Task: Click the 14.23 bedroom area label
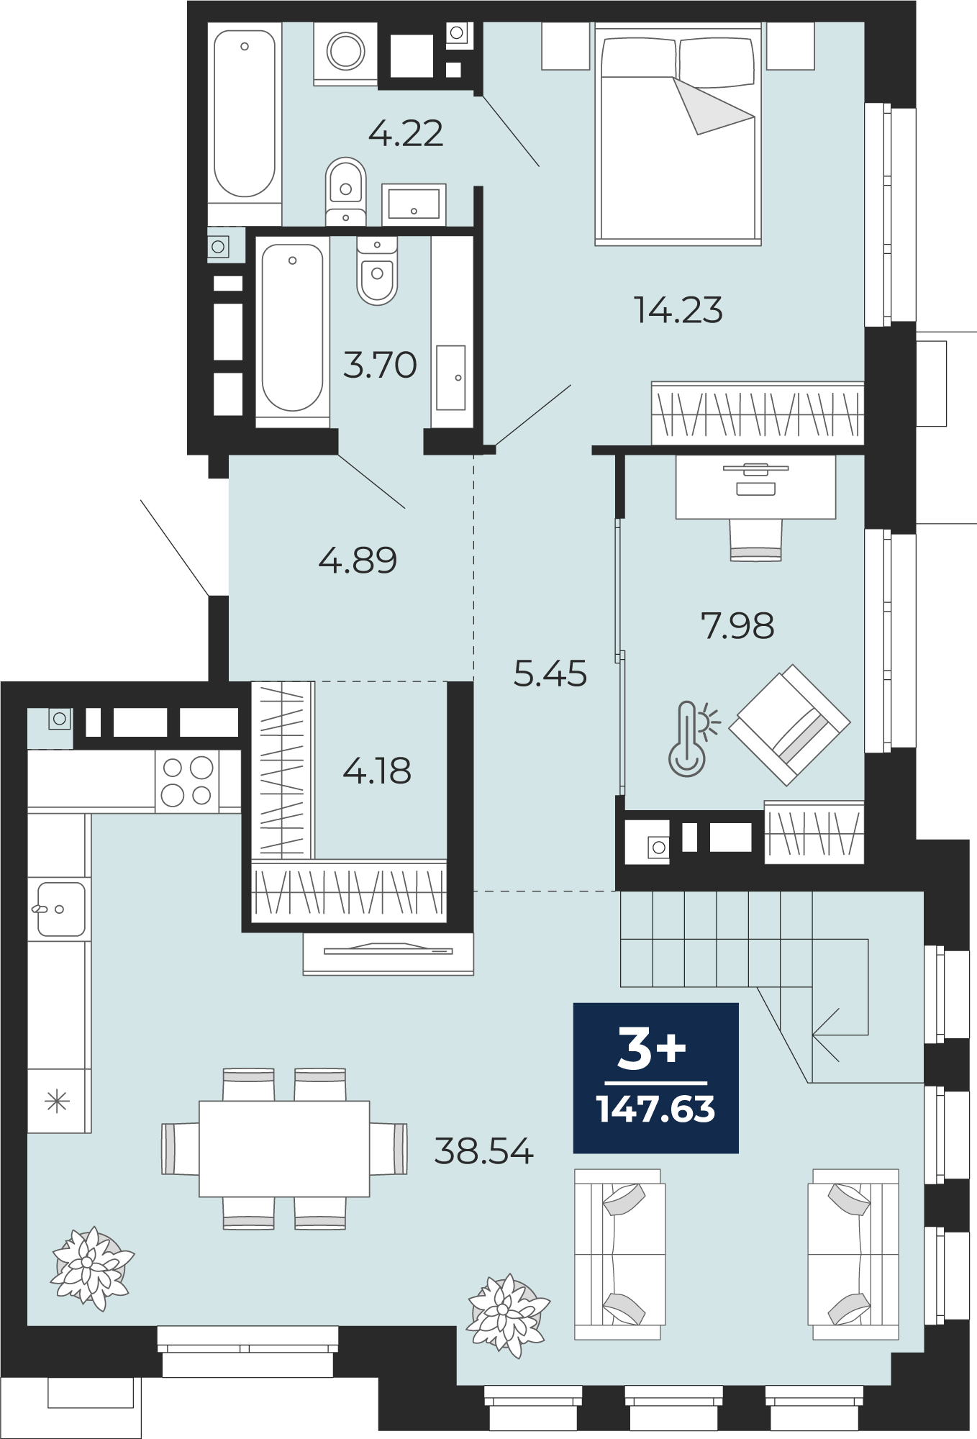[x=678, y=310]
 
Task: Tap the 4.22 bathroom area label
[x=406, y=133]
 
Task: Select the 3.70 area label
[x=380, y=365]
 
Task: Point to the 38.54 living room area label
[x=483, y=1150]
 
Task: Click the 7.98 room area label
[x=737, y=625]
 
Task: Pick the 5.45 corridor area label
[x=550, y=673]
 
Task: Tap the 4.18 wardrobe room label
[x=377, y=771]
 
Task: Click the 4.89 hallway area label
[x=358, y=560]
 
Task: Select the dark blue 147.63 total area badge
[x=655, y=1077]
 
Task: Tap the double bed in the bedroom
[x=678, y=134]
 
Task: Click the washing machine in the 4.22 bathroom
[x=345, y=53]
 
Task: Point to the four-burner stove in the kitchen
[x=187, y=781]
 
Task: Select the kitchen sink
[x=60, y=909]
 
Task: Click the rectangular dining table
[x=284, y=1148]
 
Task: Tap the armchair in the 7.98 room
[x=789, y=725]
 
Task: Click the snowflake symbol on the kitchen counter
[x=56, y=1102]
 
